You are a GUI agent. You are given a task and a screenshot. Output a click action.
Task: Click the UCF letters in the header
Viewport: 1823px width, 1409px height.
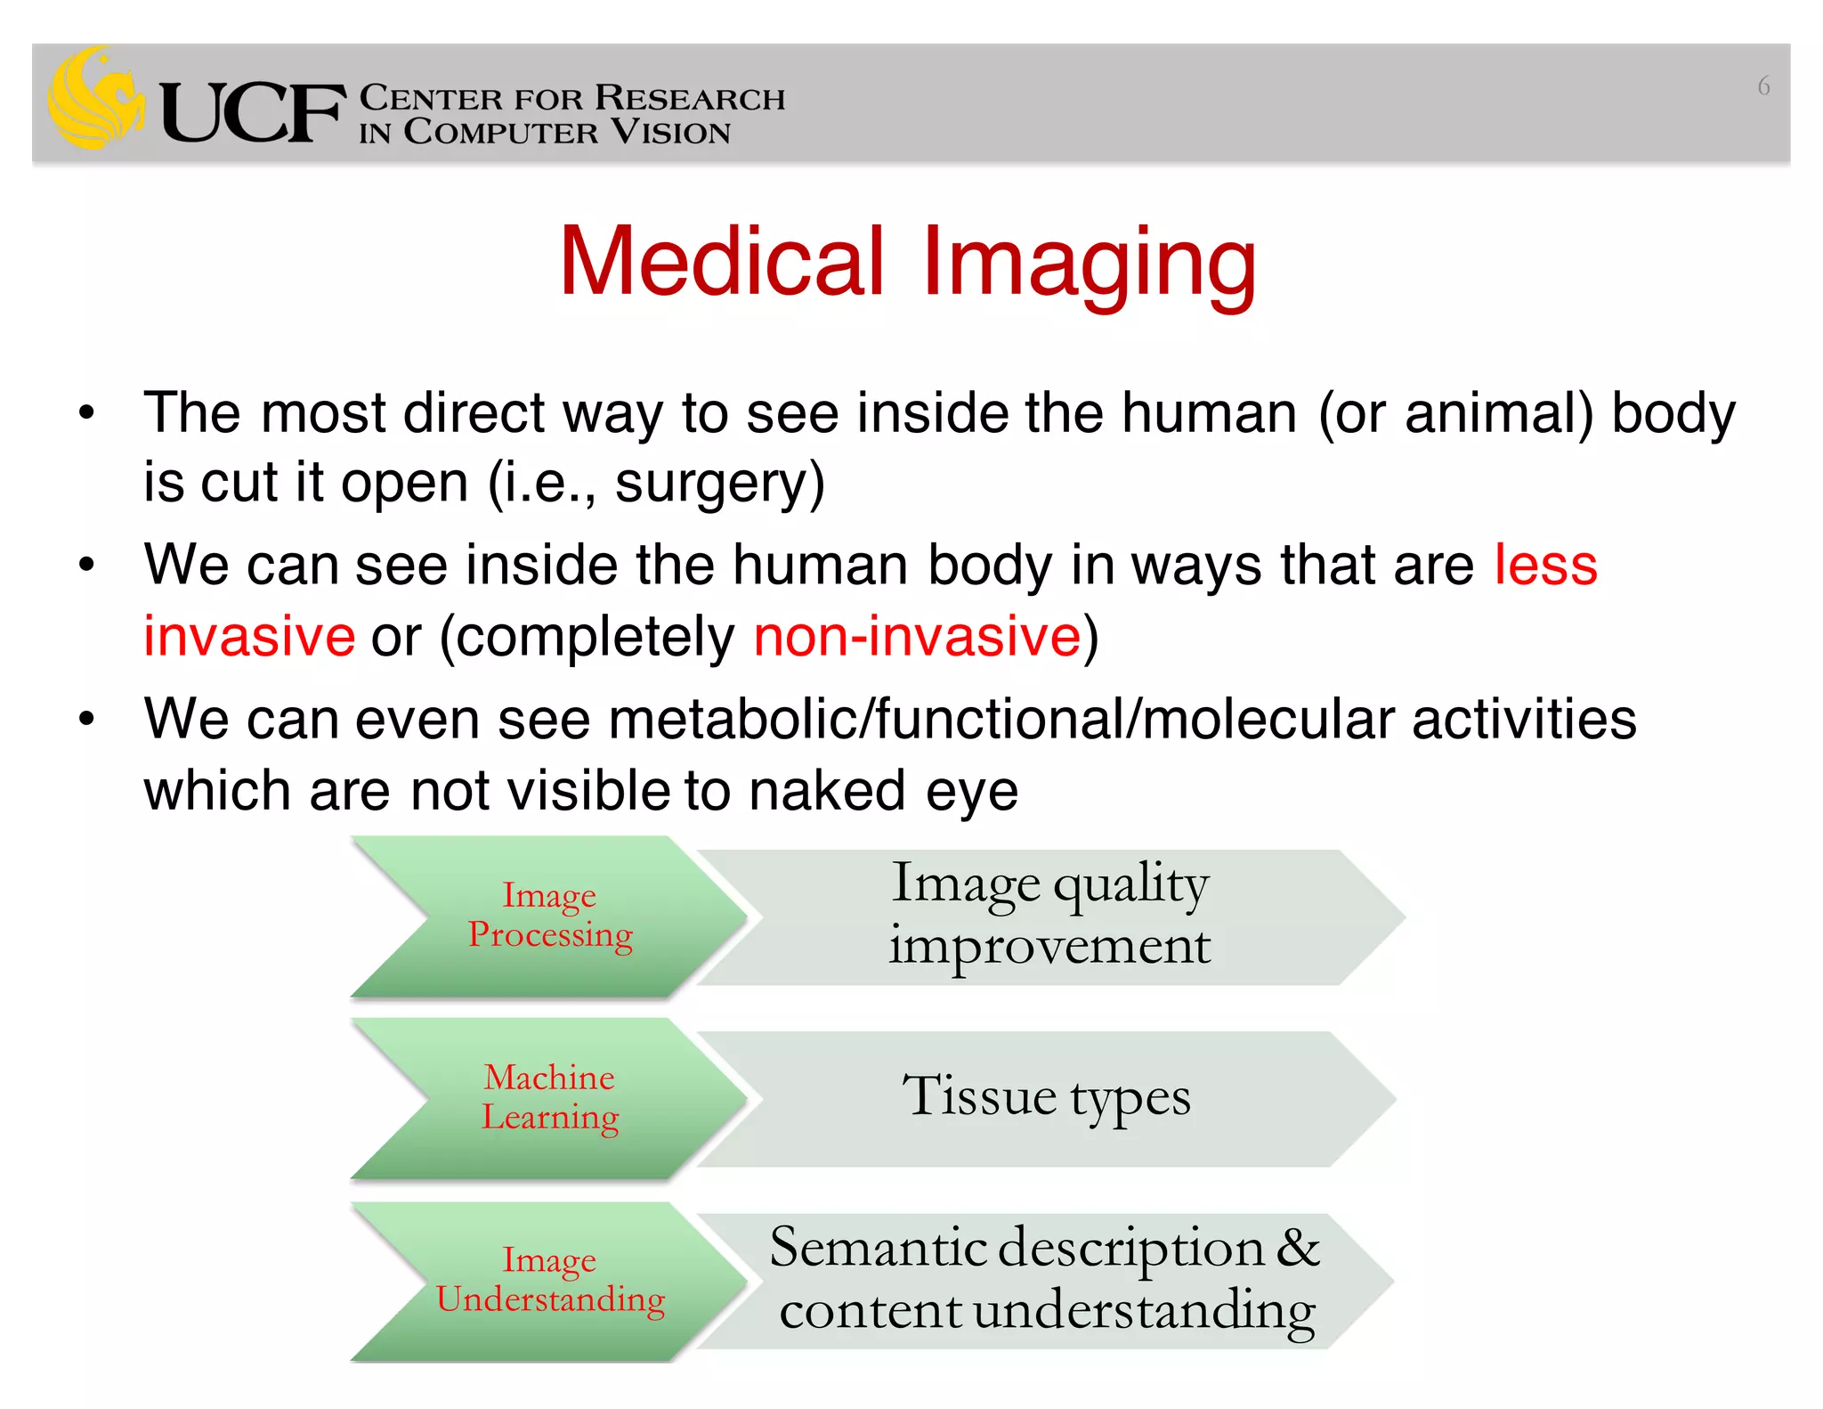252,113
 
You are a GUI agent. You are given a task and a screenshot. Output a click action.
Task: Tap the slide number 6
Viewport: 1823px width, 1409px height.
1762,86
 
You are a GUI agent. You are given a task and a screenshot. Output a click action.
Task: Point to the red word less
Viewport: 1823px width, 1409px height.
1545,565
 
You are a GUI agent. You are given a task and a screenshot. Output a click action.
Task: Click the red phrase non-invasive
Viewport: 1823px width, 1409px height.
917,636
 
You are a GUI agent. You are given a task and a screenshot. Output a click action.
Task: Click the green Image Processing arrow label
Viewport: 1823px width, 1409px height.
550,915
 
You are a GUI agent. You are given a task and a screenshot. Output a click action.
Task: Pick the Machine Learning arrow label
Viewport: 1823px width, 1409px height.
549,1096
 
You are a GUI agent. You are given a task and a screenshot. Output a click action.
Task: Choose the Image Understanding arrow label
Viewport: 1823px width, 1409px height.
550,1280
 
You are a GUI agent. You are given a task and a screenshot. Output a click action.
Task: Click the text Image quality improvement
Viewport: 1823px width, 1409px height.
1049,914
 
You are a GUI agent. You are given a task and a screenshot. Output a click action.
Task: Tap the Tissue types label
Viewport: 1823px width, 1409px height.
1046,1095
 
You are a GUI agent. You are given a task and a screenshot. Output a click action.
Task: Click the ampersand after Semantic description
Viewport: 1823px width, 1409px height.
1298,1247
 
